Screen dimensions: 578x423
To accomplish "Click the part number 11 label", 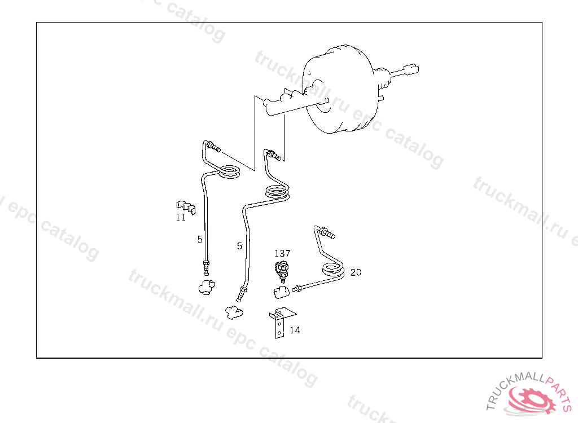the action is (181, 217).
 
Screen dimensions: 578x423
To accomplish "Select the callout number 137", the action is (282, 253).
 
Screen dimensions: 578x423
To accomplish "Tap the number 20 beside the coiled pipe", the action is (356, 272).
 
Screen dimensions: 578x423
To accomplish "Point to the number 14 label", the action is (295, 330).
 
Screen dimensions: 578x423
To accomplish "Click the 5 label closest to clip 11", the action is (200, 239).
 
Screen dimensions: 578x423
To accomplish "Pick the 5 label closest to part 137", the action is (239, 246).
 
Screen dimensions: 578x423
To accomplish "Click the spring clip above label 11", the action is (184, 206).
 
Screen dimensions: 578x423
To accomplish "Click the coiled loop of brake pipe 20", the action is (333, 271).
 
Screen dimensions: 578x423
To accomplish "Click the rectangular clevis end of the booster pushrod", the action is (411, 69).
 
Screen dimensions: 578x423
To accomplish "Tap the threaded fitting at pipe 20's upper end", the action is (326, 231).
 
